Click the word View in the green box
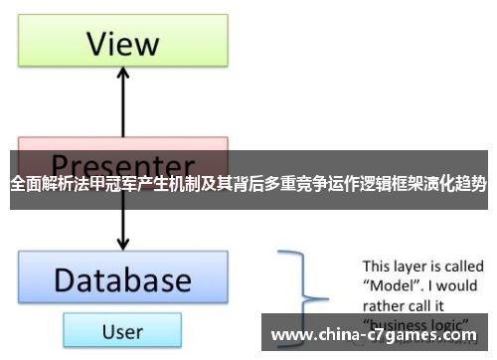[x=122, y=43]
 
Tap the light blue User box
[x=122, y=331]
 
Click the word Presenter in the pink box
[x=122, y=163]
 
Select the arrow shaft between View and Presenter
[x=122, y=109]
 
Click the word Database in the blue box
[x=122, y=279]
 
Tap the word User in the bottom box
[x=122, y=331]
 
